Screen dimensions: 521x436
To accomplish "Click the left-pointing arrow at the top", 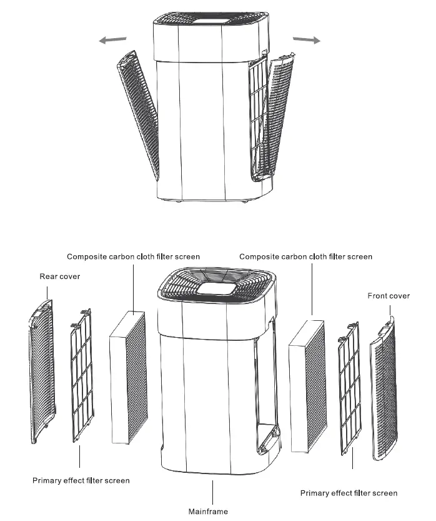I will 112,40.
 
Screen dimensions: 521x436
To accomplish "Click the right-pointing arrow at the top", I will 306,40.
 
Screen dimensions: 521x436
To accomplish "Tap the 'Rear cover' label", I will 60,276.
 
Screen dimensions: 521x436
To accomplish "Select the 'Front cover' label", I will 389,296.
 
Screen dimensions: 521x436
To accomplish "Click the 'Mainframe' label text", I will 209,511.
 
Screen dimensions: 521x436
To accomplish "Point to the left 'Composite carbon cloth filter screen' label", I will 134,256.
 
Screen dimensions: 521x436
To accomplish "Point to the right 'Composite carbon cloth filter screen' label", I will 306,256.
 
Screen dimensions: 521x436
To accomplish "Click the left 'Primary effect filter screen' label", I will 81,480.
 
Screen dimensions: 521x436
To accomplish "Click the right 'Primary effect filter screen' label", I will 349,493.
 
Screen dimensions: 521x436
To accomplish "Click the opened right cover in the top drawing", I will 277,116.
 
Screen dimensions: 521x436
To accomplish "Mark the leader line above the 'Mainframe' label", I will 213,492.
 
